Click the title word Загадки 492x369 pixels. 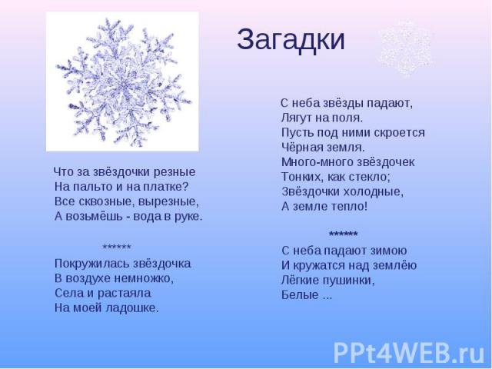click(291, 40)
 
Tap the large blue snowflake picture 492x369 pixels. click(122, 81)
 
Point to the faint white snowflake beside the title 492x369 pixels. click(405, 48)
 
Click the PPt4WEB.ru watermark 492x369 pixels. click(409, 352)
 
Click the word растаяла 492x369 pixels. click(125, 294)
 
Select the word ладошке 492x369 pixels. click(132, 308)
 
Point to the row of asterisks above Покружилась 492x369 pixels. click(117, 247)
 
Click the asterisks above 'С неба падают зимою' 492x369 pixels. click(344, 234)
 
